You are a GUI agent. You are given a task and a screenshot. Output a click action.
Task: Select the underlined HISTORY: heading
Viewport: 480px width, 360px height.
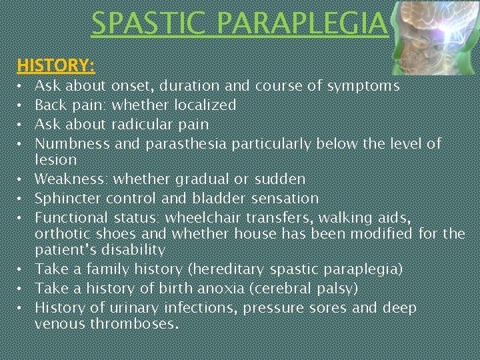click(x=56, y=65)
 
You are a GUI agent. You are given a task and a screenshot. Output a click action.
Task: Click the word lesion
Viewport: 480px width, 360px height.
click(x=56, y=160)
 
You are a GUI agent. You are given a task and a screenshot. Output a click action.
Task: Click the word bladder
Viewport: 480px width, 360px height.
click(x=235, y=199)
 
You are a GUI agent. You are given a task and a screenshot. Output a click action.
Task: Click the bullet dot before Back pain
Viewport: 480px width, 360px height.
click(x=21, y=106)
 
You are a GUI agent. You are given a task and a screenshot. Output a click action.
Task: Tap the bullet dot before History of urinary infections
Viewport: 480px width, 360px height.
click(x=21, y=309)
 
